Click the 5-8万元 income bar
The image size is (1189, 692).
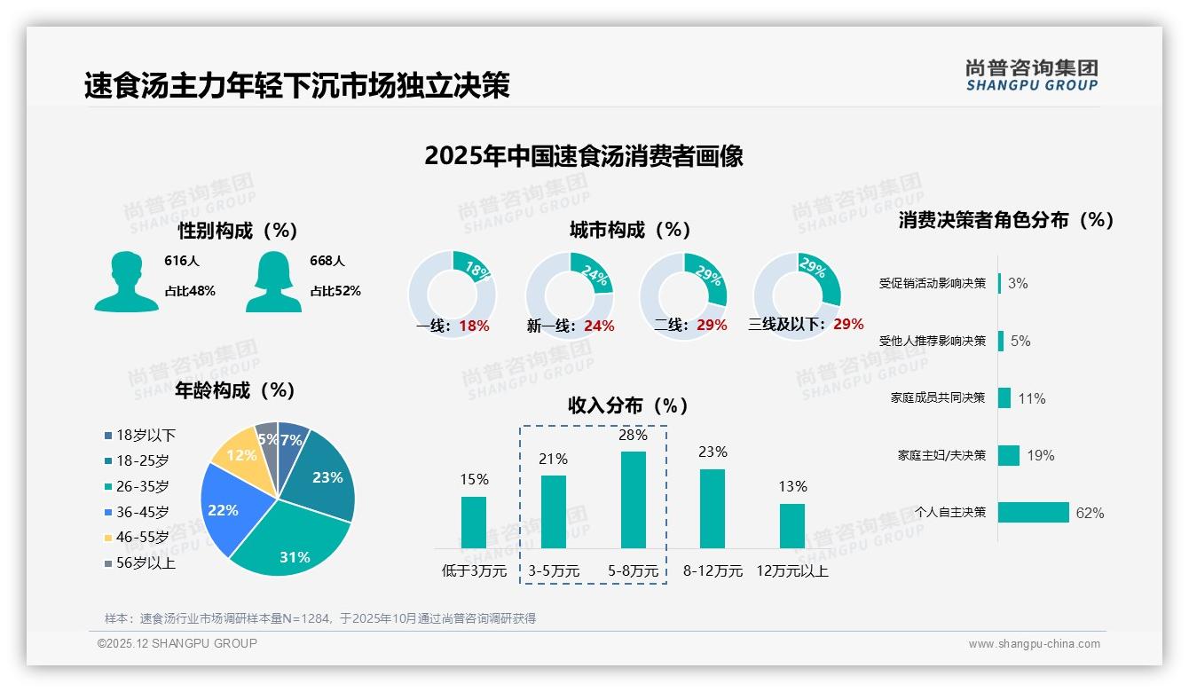tap(633, 499)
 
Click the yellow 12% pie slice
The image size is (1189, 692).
tap(238, 453)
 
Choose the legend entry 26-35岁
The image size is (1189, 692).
tap(142, 486)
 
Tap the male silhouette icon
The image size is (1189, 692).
tap(126, 281)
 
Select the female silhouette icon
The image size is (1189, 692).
tap(273, 281)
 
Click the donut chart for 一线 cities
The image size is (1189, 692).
tap(452, 295)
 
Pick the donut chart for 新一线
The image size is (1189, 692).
tap(569, 295)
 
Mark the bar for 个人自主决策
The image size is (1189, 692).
tap(1034, 513)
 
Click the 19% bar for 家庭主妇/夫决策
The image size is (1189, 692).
tap(1009, 455)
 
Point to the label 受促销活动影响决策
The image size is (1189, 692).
tap(932, 283)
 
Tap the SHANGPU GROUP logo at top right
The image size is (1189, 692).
tap(1031, 75)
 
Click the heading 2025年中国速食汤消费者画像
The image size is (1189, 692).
tap(583, 156)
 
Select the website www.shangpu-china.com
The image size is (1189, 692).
tap(1034, 644)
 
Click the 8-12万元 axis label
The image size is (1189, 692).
tap(713, 571)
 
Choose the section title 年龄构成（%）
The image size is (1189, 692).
tap(234, 390)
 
